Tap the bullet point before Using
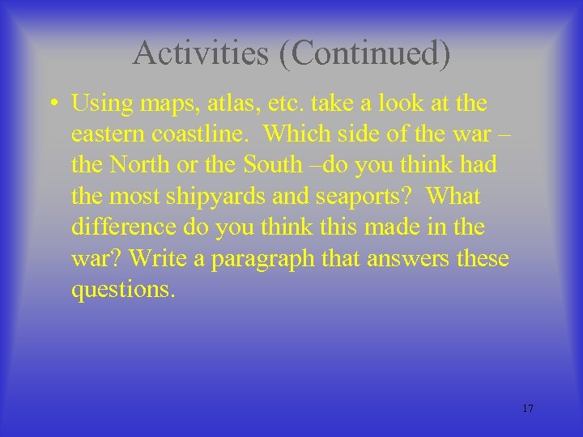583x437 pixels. (51, 104)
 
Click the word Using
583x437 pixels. (102, 104)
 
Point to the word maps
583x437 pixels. (166, 104)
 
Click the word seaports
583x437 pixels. (357, 197)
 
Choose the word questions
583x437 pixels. (122, 289)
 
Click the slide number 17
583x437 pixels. (527, 409)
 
